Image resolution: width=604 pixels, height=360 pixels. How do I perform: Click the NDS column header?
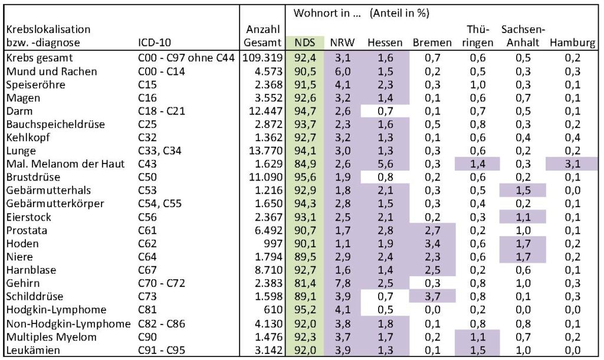coord(305,43)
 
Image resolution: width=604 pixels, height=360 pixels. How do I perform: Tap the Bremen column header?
coord(432,43)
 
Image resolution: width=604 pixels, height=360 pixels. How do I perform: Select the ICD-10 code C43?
coord(145,163)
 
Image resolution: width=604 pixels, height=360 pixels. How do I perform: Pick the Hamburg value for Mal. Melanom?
coord(572,163)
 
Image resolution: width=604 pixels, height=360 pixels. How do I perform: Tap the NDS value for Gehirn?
coord(305,283)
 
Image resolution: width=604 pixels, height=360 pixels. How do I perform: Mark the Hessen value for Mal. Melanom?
coord(385,163)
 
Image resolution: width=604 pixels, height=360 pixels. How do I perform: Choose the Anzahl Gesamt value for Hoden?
coord(271,243)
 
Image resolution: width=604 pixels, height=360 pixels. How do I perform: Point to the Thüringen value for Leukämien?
coord(478,349)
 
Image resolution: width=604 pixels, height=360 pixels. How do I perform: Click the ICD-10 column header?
coord(154,43)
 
